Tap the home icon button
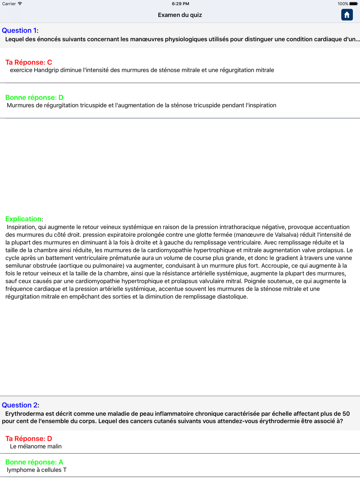click(347, 15)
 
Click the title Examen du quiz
click(180, 15)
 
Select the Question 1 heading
click(19, 31)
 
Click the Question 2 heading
click(20, 405)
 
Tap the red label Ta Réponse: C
click(29, 62)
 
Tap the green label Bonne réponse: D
click(34, 98)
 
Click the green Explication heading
click(23, 219)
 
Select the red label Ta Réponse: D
click(29, 439)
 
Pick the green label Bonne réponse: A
click(34, 462)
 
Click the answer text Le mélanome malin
click(36, 447)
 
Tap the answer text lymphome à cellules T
click(37, 470)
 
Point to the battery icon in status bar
click(354, 4)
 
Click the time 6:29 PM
click(180, 4)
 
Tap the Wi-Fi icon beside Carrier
click(20, 4)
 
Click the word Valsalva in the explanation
click(287, 235)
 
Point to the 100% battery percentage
click(343, 4)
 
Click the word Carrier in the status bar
click(9, 4)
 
